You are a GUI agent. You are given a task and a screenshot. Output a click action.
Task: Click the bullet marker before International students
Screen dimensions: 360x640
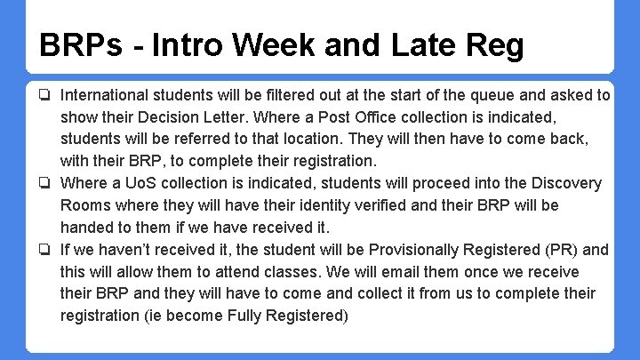pyautogui.click(x=43, y=95)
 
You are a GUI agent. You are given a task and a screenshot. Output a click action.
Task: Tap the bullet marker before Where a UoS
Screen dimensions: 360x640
pyautogui.click(x=43, y=184)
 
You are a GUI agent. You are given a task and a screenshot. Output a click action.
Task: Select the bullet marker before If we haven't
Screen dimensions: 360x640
pyautogui.click(x=43, y=250)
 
